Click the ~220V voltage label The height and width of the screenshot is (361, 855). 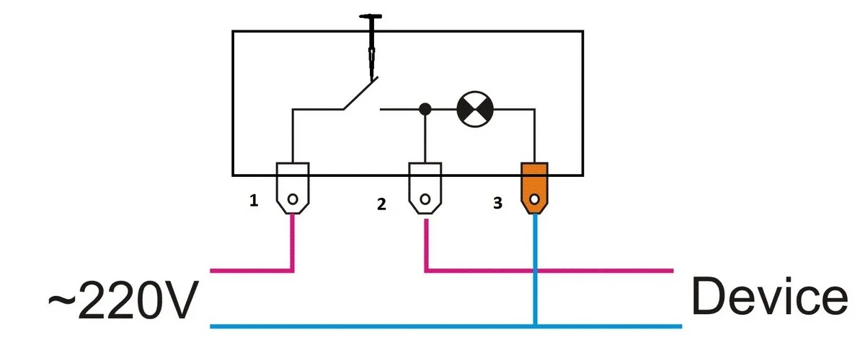[x=122, y=299]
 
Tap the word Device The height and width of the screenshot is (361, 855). [x=769, y=297]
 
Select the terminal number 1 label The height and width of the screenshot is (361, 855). [x=253, y=201]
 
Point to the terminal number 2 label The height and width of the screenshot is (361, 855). [x=381, y=204]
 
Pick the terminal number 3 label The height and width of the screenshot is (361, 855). [x=497, y=204]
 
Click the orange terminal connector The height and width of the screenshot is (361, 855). [x=534, y=187]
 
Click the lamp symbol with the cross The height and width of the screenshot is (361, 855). [x=475, y=109]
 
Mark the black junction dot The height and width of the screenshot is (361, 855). [x=425, y=109]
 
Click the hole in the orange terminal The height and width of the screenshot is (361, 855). [x=534, y=199]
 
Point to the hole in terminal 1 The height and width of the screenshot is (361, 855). [x=293, y=199]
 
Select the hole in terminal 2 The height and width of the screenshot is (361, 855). [x=425, y=198]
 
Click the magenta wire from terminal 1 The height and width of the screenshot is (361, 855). [x=292, y=245]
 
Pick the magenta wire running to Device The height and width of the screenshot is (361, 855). [x=548, y=271]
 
